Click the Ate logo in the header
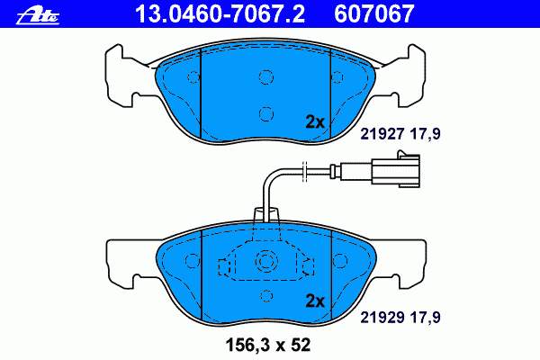pos(38,15)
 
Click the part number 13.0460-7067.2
pos(220,14)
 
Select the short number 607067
pos(373,14)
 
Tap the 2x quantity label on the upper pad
pos(315,122)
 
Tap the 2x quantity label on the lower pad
pos(315,301)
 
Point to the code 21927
pos(382,134)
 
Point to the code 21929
pos(382,318)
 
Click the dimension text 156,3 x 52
pos(268,345)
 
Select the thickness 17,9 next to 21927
pos(425,134)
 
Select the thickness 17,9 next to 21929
pos(425,318)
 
